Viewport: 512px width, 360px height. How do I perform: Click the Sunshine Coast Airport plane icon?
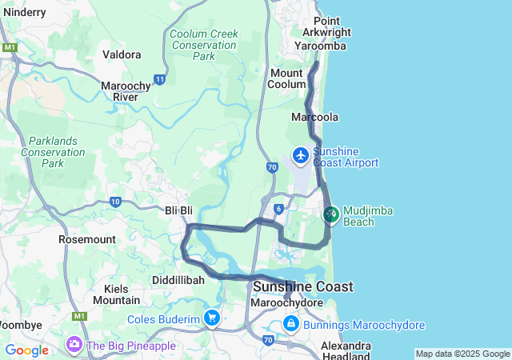tap(301, 154)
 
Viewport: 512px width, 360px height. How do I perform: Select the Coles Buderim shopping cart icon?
tap(212, 319)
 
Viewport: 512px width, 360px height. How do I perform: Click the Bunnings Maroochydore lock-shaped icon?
tap(291, 325)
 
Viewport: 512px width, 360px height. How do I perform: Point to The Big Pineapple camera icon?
tap(74, 345)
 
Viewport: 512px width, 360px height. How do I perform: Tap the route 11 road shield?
tap(160, 79)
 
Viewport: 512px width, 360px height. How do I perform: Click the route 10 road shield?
tap(115, 202)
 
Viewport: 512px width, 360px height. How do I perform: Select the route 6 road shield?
tap(278, 209)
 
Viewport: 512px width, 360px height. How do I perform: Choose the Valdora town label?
tap(122, 54)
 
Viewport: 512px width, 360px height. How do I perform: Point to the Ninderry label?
tap(23, 12)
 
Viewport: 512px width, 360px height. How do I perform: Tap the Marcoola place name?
tap(314, 117)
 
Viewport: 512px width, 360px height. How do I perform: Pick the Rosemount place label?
tap(87, 239)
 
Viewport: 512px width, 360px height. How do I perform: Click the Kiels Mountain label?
tap(116, 294)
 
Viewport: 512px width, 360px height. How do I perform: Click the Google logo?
tap(26, 350)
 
